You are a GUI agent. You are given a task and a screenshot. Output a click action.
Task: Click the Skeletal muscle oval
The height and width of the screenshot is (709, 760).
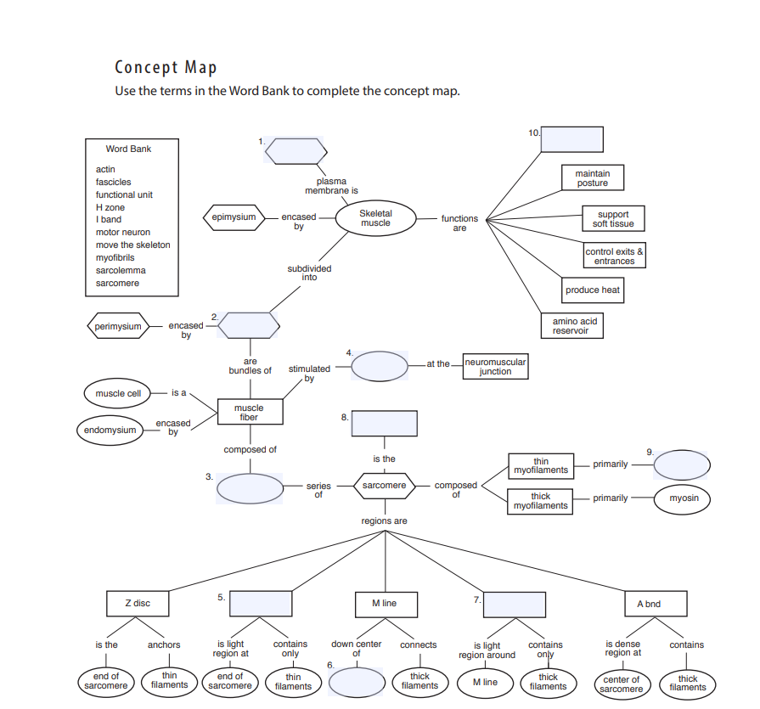click(x=375, y=218)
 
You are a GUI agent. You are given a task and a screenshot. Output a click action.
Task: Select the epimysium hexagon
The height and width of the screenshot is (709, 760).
click(x=234, y=217)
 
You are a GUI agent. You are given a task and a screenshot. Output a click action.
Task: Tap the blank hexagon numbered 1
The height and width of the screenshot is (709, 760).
click(x=296, y=150)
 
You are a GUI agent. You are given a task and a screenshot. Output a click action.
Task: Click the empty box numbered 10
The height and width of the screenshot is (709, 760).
click(x=571, y=139)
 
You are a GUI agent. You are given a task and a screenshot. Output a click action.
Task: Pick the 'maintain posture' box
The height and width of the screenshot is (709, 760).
click(x=592, y=178)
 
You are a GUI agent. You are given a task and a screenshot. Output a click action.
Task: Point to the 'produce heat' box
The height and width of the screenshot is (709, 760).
click(x=592, y=290)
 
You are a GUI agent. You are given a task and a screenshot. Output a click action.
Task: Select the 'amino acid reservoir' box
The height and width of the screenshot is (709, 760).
click(x=575, y=326)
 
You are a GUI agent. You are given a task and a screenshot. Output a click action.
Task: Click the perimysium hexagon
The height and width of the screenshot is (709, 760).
click(x=118, y=326)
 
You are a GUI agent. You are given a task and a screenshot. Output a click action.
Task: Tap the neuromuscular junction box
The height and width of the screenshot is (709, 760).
click(x=495, y=366)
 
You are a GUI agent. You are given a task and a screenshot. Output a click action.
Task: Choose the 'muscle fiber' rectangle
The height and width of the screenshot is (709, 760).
click(x=249, y=413)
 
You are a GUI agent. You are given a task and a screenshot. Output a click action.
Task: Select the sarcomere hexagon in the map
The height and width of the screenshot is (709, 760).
click(x=384, y=487)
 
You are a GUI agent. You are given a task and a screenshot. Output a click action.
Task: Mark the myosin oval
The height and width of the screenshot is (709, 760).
click(x=684, y=498)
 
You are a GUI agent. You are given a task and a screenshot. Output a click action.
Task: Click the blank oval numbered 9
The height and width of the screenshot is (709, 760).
click(x=681, y=464)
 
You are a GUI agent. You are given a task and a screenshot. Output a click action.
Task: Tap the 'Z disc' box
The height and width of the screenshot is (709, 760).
click(x=137, y=604)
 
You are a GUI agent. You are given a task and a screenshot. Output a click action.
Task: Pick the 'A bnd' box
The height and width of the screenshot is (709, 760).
click(x=649, y=604)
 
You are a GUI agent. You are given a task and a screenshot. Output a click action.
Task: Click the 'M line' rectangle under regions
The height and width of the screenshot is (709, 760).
click(x=384, y=604)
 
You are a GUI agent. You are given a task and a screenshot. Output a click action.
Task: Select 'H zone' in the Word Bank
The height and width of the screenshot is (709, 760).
click(x=110, y=207)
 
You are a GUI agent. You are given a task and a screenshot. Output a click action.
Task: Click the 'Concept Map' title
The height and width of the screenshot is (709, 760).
click(x=166, y=68)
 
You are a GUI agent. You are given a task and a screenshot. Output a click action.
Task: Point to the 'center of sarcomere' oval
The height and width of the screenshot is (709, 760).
click(x=622, y=684)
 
